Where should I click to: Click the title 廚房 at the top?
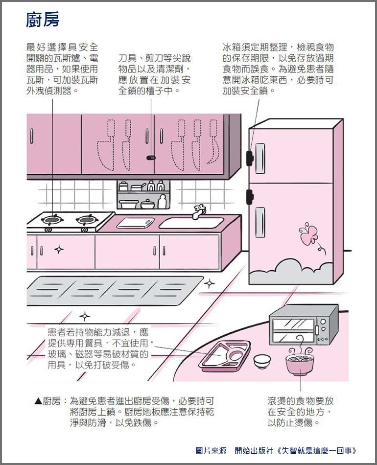coord(43,20)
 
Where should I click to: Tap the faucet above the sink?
coord(199,211)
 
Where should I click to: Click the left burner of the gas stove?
coord(53,220)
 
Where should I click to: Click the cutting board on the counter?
coord(136,223)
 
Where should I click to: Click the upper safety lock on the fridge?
coord(249,157)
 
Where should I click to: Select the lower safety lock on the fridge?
coord(249,197)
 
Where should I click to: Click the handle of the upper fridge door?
coord(260,159)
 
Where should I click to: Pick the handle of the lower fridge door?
coord(260,222)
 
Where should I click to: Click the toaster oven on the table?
coord(304,325)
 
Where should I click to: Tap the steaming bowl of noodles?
coord(300,361)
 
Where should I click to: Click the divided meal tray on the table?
coord(225,356)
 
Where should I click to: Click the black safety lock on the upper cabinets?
coord(151,158)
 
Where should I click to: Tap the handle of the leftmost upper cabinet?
coord(31,136)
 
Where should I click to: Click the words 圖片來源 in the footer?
coord(211,451)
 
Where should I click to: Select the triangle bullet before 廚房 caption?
coord(39,401)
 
